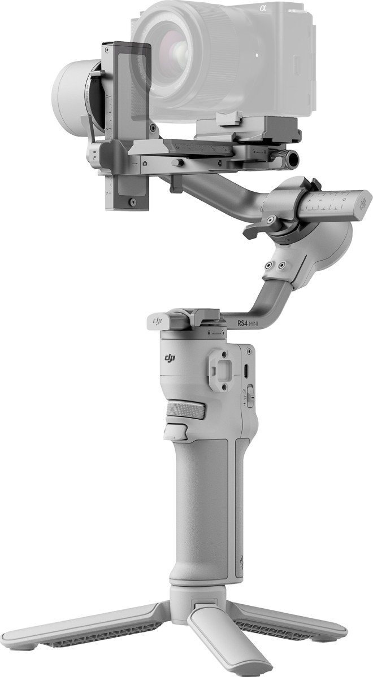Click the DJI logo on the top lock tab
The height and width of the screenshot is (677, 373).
pos(157,320)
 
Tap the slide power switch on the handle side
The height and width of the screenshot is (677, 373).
pos(246,397)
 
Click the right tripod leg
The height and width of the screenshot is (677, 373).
pos(294,627)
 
